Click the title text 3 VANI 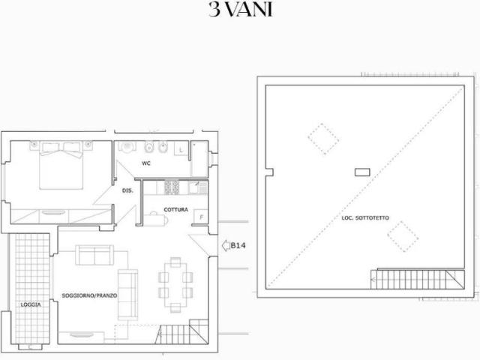point(241,10)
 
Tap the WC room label point(146,163)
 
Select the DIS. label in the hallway point(127,190)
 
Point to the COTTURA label point(175,210)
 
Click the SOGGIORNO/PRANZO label point(89,295)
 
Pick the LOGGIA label point(31,304)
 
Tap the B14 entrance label point(238,245)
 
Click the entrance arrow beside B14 point(226,245)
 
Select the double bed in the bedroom point(61,165)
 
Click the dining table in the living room point(175,285)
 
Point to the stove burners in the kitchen point(172,187)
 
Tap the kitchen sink point(198,187)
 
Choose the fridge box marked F point(201,217)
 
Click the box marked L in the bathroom point(181,149)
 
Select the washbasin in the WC point(127,147)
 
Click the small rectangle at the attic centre point(362,172)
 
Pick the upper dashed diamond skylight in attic point(323,139)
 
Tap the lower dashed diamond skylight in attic point(403,237)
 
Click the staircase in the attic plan point(418,279)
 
